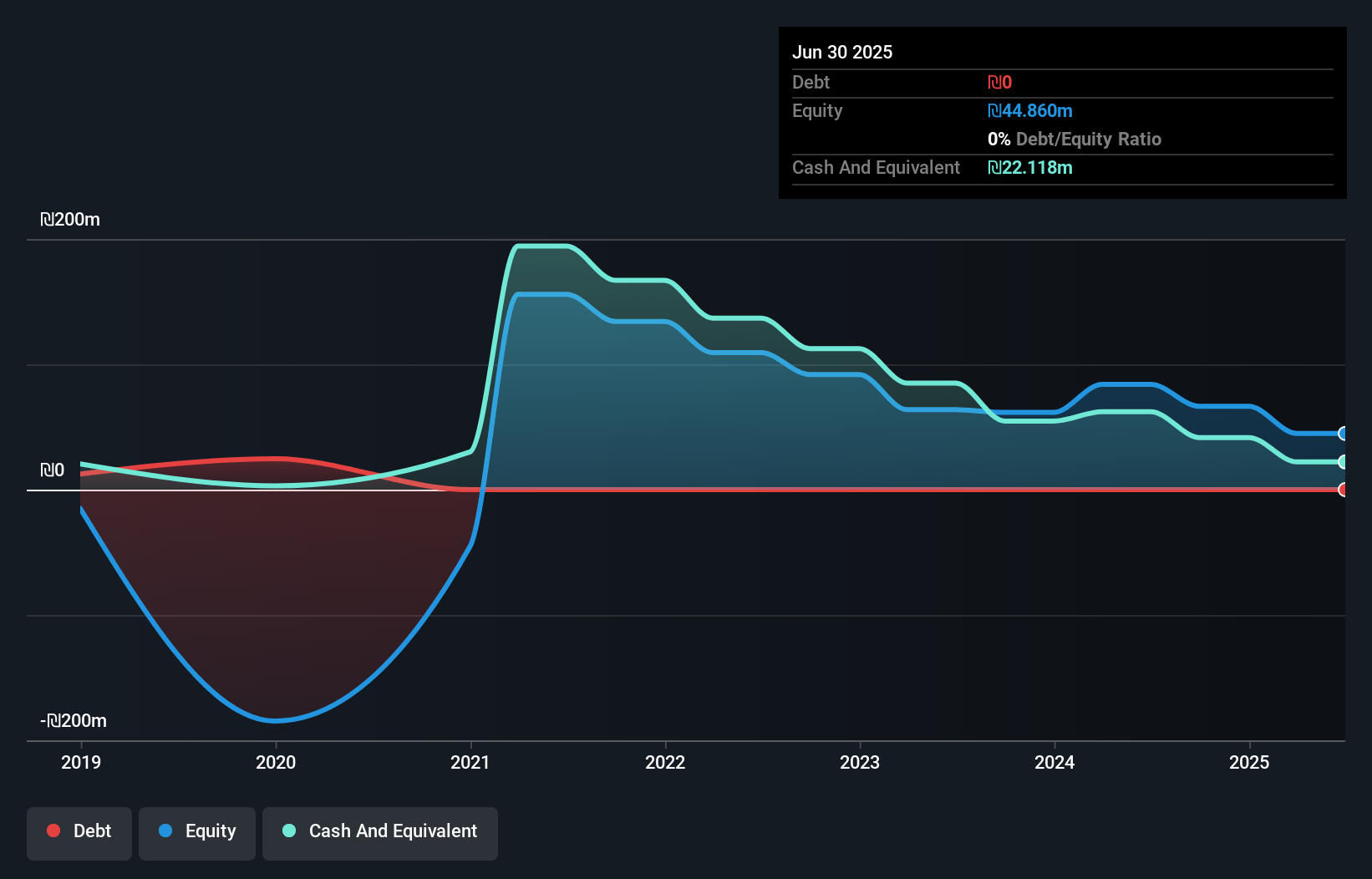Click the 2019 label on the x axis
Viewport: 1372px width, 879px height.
pos(81,762)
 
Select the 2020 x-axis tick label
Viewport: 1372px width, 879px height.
pos(276,762)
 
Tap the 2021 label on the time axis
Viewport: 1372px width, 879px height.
pos(470,762)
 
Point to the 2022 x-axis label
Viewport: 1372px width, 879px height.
pos(665,762)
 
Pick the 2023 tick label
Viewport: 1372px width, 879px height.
pos(860,762)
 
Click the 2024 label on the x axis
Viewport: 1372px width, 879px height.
pos(1054,762)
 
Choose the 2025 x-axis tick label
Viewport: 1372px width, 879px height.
pos(1249,762)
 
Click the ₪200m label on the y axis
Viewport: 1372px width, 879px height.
pos(70,220)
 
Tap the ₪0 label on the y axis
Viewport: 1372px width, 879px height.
pos(53,470)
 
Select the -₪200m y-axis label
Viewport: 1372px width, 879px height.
pos(74,721)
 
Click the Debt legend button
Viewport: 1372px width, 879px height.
pos(79,831)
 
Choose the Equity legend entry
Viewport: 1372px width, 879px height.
pos(197,831)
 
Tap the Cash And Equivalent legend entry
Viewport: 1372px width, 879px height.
pos(380,831)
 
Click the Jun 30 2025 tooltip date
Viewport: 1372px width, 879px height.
pos(842,52)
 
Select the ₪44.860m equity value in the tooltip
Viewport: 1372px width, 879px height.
pos(1030,111)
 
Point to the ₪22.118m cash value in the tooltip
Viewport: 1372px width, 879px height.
pos(1030,168)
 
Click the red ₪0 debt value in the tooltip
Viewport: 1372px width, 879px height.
pos(1000,83)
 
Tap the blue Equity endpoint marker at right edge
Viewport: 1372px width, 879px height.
pos(1343,434)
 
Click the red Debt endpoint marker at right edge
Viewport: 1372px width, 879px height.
pos(1343,490)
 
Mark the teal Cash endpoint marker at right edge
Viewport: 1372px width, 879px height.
pos(1343,462)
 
